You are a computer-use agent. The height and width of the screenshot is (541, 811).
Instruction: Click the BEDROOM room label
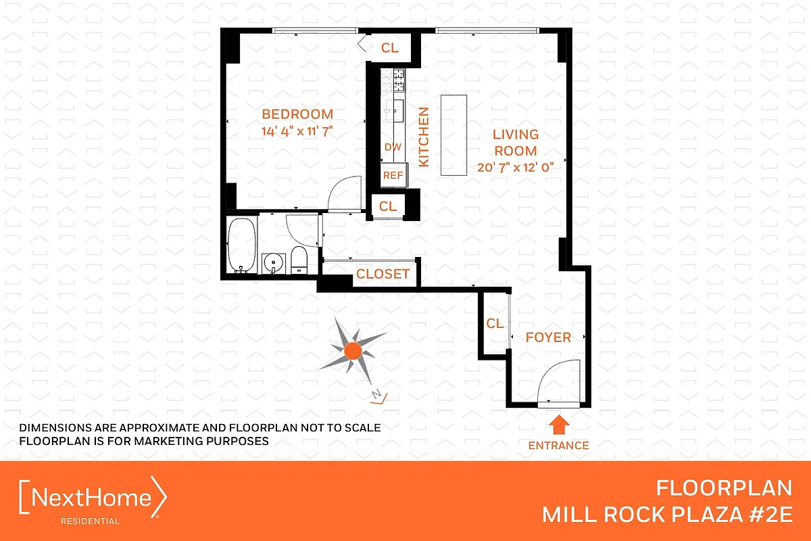(x=297, y=114)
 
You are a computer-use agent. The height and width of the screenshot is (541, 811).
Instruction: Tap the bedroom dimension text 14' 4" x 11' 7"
(x=297, y=131)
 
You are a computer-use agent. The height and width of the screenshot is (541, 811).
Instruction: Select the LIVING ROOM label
(x=515, y=143)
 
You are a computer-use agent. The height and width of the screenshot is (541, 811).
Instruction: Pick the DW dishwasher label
(x=392, y=147)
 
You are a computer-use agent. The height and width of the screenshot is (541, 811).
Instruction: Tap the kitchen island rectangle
(x=454, y=135)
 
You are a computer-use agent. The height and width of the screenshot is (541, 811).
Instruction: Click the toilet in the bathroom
(x=299, y=260)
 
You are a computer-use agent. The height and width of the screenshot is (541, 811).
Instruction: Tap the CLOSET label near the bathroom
(x=383, y=274)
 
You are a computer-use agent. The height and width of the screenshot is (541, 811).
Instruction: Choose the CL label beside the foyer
(x=495, y=324)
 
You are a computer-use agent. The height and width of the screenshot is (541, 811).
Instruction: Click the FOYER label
(x=548, y=337)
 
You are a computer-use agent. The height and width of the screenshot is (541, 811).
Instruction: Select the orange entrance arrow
(x=558, y=425)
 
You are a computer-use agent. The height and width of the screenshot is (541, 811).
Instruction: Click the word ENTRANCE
(x=558, y=445)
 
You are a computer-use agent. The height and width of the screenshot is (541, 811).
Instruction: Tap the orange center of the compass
(x=352, y=350)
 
